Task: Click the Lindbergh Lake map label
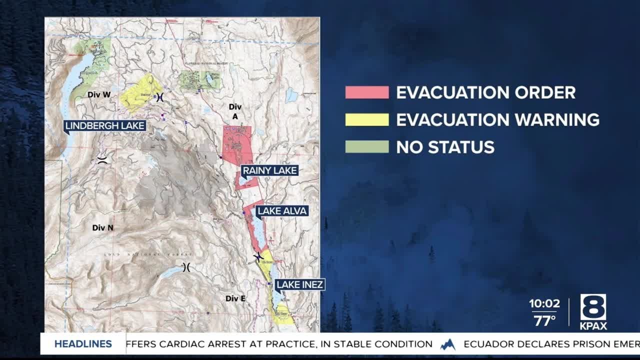tap(105, 126)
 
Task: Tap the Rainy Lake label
tap(270, 171)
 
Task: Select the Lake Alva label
tap(281, 211)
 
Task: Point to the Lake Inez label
tap(300, 285)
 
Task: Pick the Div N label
tap(102, 227)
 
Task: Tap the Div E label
tap(235, 298)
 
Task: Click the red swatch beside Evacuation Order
tap(366, 92)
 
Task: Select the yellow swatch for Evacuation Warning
tap(366, 120)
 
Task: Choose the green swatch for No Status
tap(366, 147)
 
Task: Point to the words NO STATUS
tap(445, 147)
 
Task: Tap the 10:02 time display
tap(544, 304)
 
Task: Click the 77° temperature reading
tap(544, 320)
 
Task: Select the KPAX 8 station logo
tap(593, 311)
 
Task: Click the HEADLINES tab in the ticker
tap(83, 344)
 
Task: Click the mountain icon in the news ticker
tap(448, 344)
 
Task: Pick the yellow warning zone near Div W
tap(140, 92)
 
